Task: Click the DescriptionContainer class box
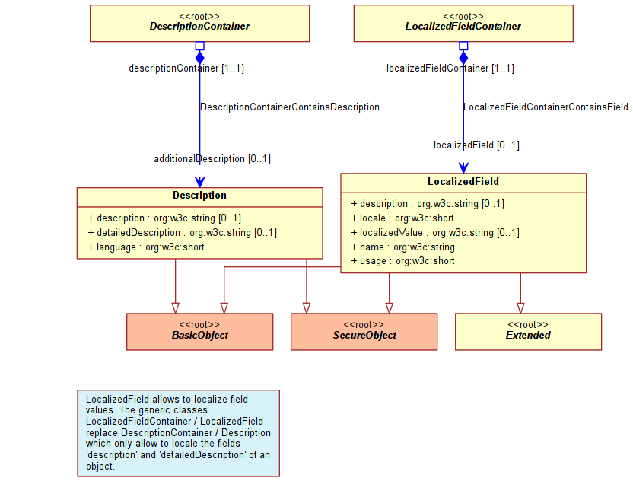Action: (199, 24)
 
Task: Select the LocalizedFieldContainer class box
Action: (463, 24)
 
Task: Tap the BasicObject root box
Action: (199, 332)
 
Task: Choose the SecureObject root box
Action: (364, 332)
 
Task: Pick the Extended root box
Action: (529, 332)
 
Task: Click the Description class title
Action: (199, 196)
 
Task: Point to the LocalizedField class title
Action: (463, 182)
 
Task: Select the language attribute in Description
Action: (146, 247)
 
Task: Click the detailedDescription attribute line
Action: (183, 233)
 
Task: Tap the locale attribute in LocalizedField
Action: (402, 218)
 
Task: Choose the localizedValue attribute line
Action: (435, 233)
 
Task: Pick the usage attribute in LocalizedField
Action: (403, 261)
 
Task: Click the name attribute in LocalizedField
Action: (403, 247)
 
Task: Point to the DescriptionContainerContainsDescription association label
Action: (290, 107)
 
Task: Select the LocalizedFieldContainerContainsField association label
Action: (546, 107)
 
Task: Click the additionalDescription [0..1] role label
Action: (212, 159)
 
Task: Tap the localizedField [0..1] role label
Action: (477, 145)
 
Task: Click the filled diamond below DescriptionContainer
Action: (200, 58)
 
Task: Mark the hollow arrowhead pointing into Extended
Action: (520, 308)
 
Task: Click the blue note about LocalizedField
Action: (179, 433)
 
